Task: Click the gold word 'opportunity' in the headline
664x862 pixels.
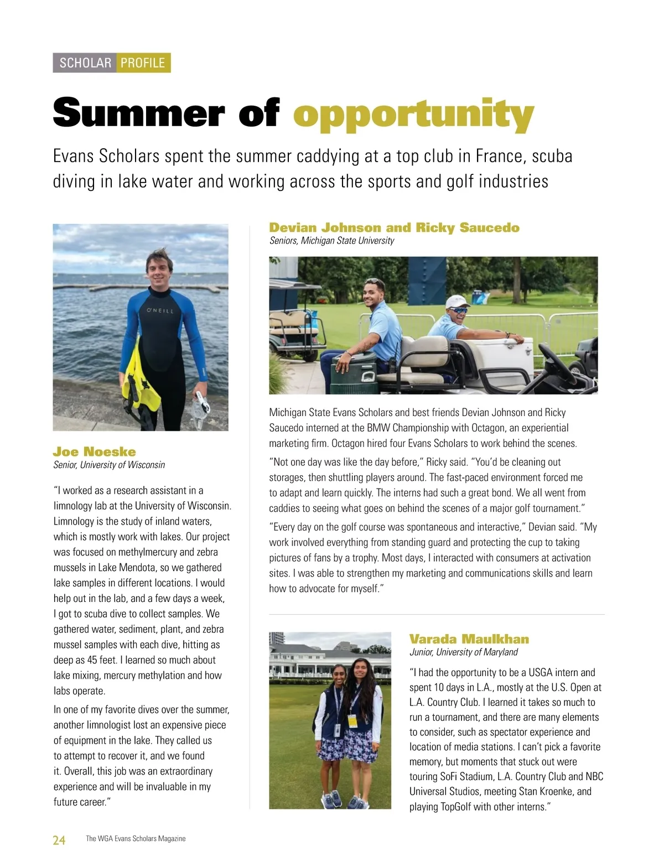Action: [413, 115]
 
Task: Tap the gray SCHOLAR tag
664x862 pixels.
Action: [85, 63]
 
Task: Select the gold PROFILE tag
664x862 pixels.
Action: [143, 63]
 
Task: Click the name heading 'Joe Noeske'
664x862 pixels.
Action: [94, 451]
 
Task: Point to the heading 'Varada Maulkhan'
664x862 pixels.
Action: [469, 639]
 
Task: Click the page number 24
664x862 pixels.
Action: [59, 840]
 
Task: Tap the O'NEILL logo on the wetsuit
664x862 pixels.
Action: [160, 311]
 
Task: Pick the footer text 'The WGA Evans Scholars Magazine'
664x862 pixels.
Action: [136, 839]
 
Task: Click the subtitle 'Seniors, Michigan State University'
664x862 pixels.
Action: [331, 241]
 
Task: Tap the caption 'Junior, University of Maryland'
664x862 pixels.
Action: [463, 652]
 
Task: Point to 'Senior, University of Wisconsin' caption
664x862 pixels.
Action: [109, 465]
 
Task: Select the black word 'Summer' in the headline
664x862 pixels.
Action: [138, 113]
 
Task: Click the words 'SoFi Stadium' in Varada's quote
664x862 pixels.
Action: [459, 776]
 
